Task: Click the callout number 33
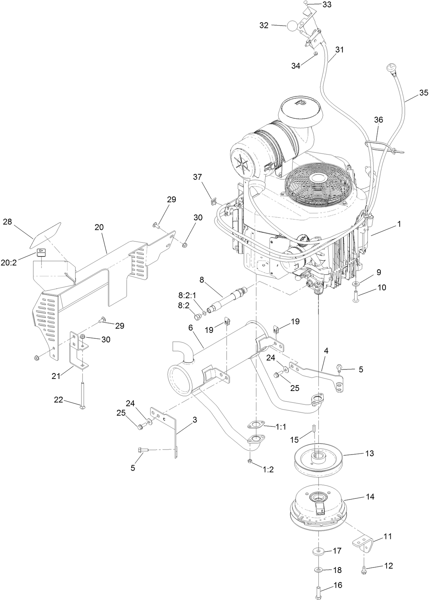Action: coord(327,5)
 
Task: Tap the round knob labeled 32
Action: coord(293,26)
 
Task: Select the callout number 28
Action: coord(8,222)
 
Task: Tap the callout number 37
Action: coord(197,177)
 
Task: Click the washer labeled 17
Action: coord(318,550)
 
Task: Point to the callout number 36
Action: coord(378,120)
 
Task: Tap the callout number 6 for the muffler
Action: coord(190,328)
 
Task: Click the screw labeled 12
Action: coord(364,569)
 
